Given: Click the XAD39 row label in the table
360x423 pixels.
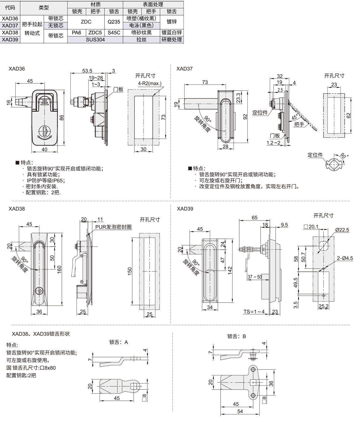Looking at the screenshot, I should tap(10, 40).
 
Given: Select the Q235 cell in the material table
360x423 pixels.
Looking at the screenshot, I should tap(114, 22).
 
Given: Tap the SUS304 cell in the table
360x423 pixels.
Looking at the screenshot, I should tap(95, 40).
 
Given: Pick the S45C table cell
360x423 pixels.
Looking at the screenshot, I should tap(114, 33).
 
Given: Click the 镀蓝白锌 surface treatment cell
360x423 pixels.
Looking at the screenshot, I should tap(172, 33).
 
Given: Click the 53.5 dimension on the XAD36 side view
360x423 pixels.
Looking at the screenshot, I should tap(87, 71).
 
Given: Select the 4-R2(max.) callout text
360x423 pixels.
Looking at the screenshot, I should tap(150, 83).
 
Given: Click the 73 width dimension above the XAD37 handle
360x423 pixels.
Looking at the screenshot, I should tap(205, 82).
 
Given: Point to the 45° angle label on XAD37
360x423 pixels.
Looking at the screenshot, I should tap(294, 117).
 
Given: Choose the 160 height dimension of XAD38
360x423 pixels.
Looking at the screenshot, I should tap(59, 269).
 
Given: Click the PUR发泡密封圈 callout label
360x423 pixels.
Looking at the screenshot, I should tap(113, 227).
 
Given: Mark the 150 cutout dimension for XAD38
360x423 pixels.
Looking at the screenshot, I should tap(130, 271).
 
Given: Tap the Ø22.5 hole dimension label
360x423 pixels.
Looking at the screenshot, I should tap(342, 230).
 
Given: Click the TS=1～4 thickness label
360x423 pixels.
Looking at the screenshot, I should tap(254, 312).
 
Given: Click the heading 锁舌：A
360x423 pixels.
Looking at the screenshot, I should tap(118, 342).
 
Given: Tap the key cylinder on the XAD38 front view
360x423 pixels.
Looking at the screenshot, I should tap(39, 290).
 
